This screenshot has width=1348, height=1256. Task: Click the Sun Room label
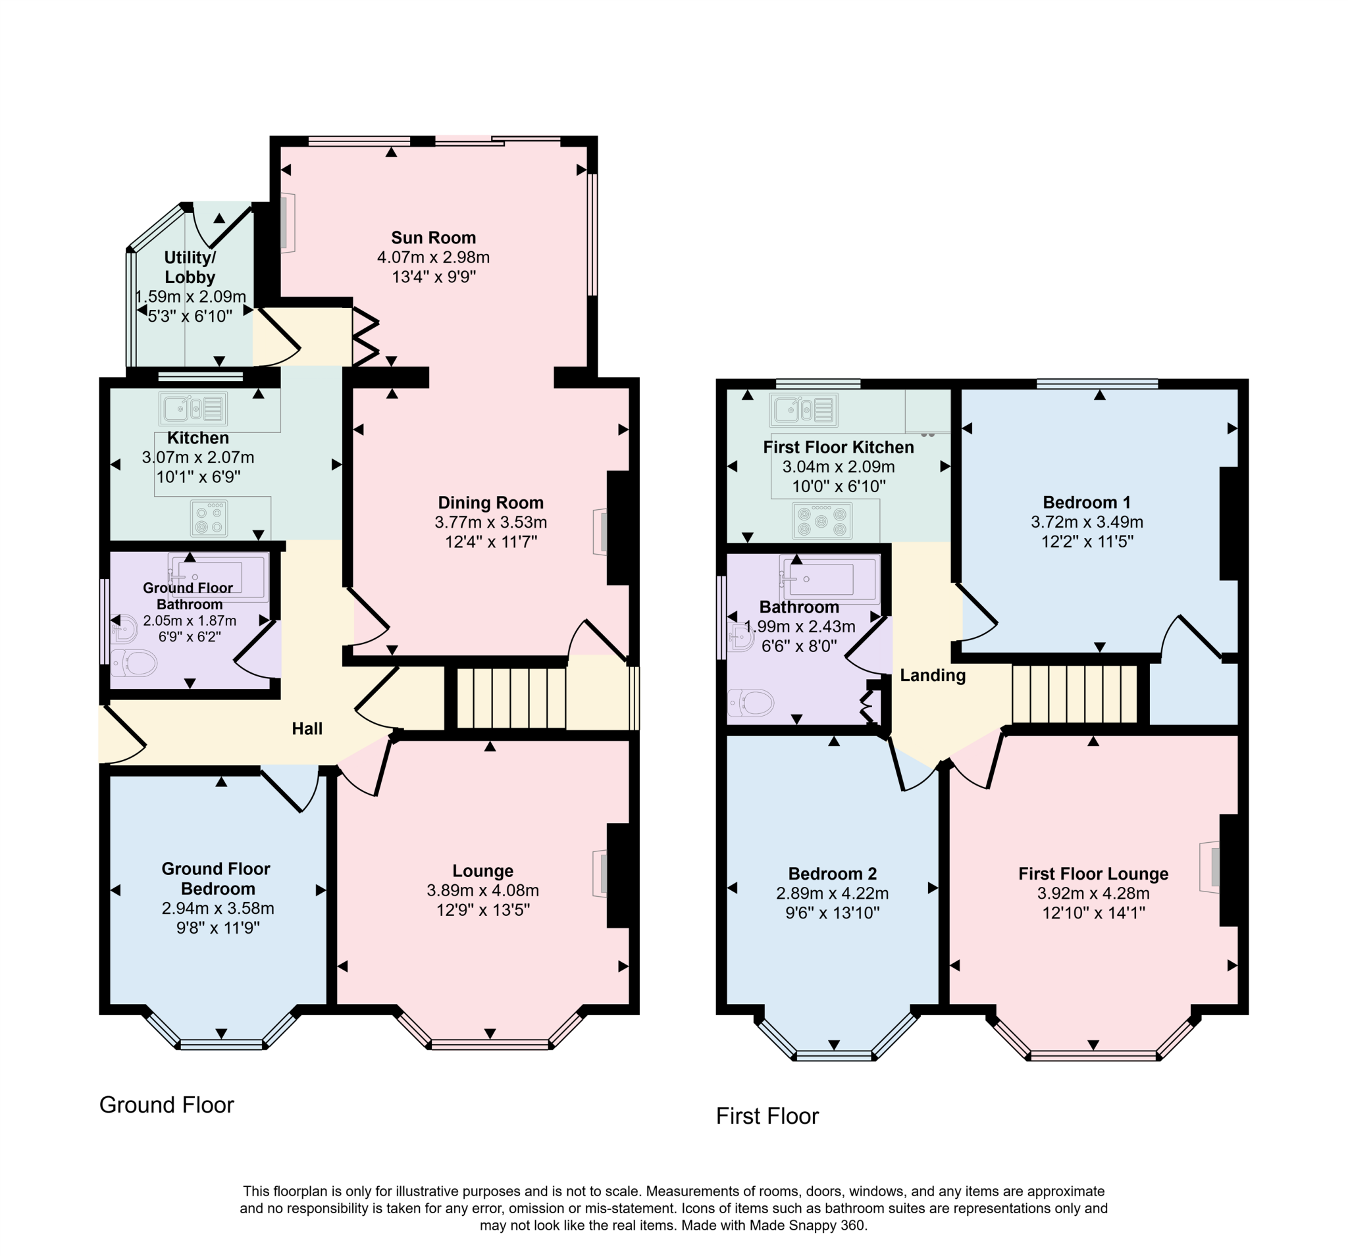[x=433, y=238]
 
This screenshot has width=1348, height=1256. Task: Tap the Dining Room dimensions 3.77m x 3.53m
[x=490, y=522]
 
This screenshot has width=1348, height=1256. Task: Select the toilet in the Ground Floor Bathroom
[x=134, y=663]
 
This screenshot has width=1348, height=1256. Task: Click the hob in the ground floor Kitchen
[x=209, y=518]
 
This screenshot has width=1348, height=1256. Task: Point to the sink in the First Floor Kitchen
[x=804, y=409]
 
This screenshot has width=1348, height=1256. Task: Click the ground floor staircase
[x=511, y=698]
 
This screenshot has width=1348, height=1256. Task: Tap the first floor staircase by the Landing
[x=1074, y=694]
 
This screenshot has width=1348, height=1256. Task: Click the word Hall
[x=307, y=728]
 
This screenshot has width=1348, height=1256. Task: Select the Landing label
[x=932, y=675]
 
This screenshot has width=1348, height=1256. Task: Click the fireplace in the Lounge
[x=601, y=874]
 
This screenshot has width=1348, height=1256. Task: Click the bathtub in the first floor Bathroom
[x=829, y=578]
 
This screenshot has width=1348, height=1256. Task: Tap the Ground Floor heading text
[x=166, y=1104]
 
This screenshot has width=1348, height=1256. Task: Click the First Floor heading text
[x=767, y=1116]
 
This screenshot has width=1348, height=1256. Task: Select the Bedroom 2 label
[x=832, y=874]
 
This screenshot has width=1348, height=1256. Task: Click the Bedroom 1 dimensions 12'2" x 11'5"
[x=1087, y=541]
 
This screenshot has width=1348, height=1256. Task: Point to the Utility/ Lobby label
[x=190, y=267]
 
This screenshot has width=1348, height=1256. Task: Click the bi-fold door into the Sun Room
[x=365, y=337]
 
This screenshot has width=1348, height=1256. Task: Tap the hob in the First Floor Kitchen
[x=822, y=520]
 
